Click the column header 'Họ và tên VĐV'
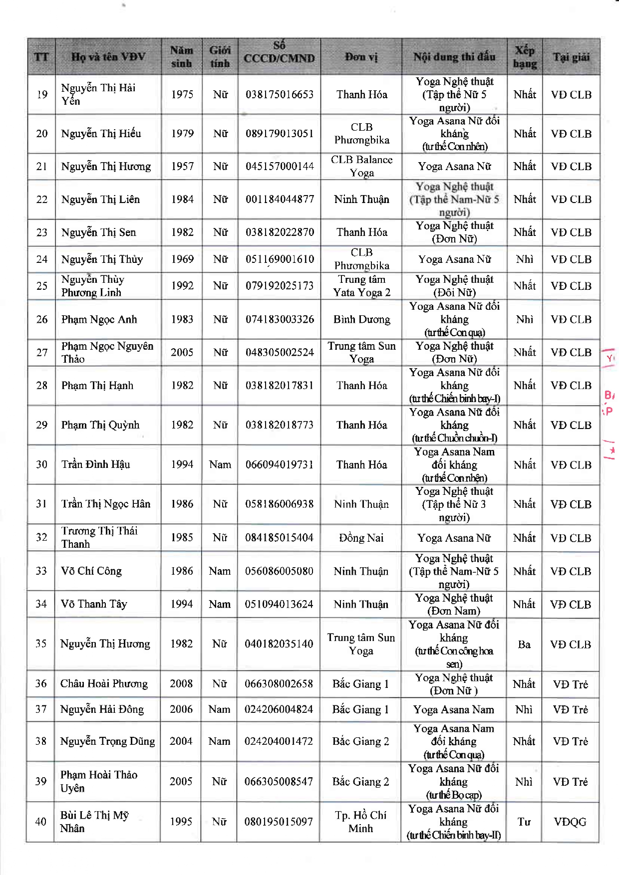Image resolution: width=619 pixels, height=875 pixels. (108, 57)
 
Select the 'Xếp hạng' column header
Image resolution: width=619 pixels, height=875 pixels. (525, 57)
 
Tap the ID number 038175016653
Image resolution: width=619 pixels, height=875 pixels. (280, 94)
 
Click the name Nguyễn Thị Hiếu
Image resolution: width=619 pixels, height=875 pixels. (101, 134)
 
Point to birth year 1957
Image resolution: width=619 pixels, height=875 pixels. (182, 166)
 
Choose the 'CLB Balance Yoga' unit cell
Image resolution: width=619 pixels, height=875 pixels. (361, 166)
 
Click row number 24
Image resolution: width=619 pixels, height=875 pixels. (42, 259)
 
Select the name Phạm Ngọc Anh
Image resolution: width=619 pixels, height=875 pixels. (99, 319)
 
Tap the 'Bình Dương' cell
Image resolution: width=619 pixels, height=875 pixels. (361, 319)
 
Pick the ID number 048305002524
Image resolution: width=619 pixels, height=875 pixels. (280, 352)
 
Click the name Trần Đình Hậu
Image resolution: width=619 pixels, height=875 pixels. (95, 464)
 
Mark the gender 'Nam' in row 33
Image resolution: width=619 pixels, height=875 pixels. (220, 571)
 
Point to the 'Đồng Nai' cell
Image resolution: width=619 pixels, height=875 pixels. (361, 538)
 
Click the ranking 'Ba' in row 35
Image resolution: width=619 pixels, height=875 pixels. (524, 645)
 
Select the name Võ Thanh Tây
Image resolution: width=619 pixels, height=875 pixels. (94, 604)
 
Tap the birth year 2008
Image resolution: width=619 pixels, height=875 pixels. (181, 683)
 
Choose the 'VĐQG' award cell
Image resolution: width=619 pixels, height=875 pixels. (570, 822)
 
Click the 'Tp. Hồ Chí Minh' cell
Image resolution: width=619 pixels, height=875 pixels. (360, 822)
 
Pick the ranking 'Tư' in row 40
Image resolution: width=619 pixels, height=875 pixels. (524, 822)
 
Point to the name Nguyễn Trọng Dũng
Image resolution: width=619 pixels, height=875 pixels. (107, 741)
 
